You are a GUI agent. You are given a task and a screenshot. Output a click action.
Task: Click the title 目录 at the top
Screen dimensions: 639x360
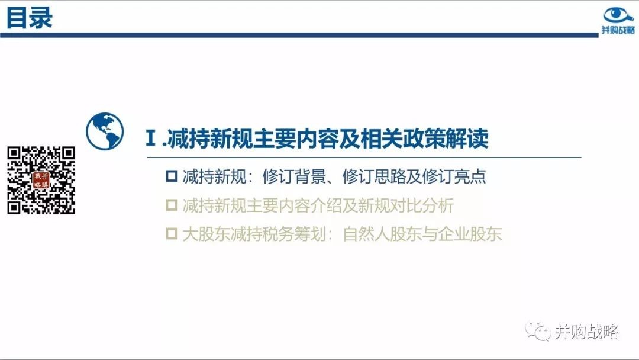[30, 18]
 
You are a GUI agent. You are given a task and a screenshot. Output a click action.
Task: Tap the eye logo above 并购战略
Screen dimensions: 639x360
[617, 15]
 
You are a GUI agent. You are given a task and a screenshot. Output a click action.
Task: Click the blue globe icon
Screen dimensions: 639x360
[105, 131]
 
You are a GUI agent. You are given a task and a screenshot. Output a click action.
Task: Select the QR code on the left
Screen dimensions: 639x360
[41, 180]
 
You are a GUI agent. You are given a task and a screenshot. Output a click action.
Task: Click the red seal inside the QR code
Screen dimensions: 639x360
[41, 180]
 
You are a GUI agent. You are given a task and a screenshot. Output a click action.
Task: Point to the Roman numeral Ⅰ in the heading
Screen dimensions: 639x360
[151, 138]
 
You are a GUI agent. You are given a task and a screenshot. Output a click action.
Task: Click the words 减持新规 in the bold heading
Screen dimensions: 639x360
[209, 139]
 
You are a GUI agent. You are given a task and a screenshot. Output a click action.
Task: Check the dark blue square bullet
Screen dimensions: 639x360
[172, 176]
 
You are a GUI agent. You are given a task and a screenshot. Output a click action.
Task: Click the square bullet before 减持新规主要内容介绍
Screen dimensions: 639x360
[172, 205]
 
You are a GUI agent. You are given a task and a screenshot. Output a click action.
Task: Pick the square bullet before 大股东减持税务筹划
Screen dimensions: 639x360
[172, 234]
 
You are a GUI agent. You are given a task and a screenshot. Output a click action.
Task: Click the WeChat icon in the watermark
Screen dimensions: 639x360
[538, 331]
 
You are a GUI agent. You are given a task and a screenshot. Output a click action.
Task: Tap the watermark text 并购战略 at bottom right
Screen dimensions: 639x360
[587, 332]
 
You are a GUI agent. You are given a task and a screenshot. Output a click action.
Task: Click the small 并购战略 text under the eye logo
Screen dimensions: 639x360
[618, 30]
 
